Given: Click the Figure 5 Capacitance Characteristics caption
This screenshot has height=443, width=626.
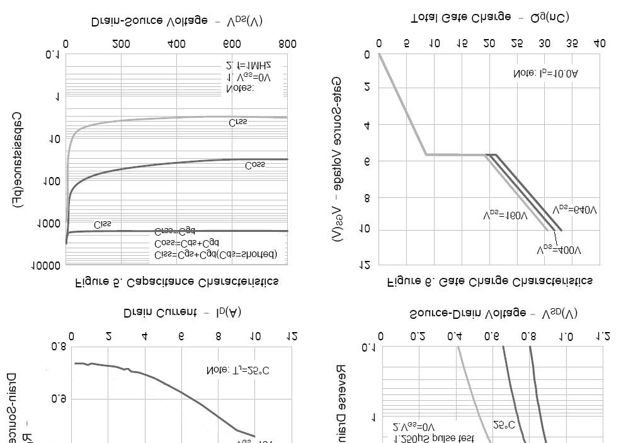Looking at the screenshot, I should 177,281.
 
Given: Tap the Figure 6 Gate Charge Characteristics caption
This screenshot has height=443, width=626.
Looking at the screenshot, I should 489,281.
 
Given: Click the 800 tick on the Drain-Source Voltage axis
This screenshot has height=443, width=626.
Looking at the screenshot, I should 287,44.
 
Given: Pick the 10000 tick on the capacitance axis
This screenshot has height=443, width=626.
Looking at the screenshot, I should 47,265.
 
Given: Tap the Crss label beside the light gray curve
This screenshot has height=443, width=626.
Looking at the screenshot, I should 238,122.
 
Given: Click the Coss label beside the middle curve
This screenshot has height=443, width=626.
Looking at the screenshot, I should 255,165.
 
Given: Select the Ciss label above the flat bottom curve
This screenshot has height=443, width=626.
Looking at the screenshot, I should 102,224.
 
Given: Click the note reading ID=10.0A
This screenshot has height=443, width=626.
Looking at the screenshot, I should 545,74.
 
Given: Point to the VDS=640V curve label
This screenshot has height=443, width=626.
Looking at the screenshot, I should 574,209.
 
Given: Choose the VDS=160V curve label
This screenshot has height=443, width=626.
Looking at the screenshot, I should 506,216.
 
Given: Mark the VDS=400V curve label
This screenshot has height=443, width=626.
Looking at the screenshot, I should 559,250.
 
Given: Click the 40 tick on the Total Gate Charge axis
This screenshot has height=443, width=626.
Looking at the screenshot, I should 600,44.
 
